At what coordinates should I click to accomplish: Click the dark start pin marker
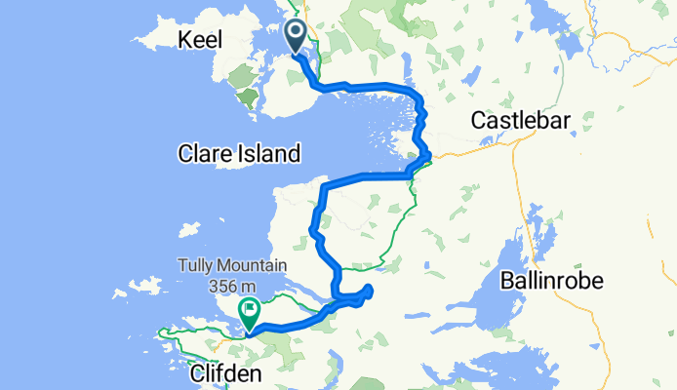point(297,37)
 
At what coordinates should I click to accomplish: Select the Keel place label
point(200,40)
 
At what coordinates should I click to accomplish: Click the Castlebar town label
point(520,120)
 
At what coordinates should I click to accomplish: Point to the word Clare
point(203,153)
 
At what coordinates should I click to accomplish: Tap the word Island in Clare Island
point(267,153)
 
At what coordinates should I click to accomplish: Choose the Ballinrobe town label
point(552,281)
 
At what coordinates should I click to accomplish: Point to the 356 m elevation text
point(230,285)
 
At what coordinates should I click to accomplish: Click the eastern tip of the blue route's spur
point(372,288)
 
